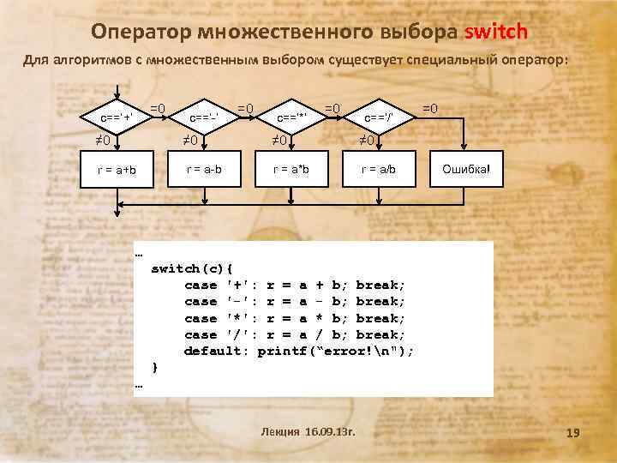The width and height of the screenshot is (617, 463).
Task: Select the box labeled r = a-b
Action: click(x=205, y=169)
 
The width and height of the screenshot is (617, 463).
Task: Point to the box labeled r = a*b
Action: click(x=291, y=169)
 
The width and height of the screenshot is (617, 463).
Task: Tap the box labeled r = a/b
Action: click(x=378, y=169)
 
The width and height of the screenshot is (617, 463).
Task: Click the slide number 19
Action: click(x=573, y=435)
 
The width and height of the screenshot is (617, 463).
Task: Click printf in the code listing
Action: click(x=281, y=352)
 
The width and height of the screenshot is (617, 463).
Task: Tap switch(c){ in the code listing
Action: click(x=192, y=268)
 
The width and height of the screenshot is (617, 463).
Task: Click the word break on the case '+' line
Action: click(x=380, y=285)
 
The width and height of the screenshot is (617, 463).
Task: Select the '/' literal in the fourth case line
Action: click(x=239, y=334)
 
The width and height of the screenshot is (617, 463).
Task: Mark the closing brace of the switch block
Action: click(x=154, y=368)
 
